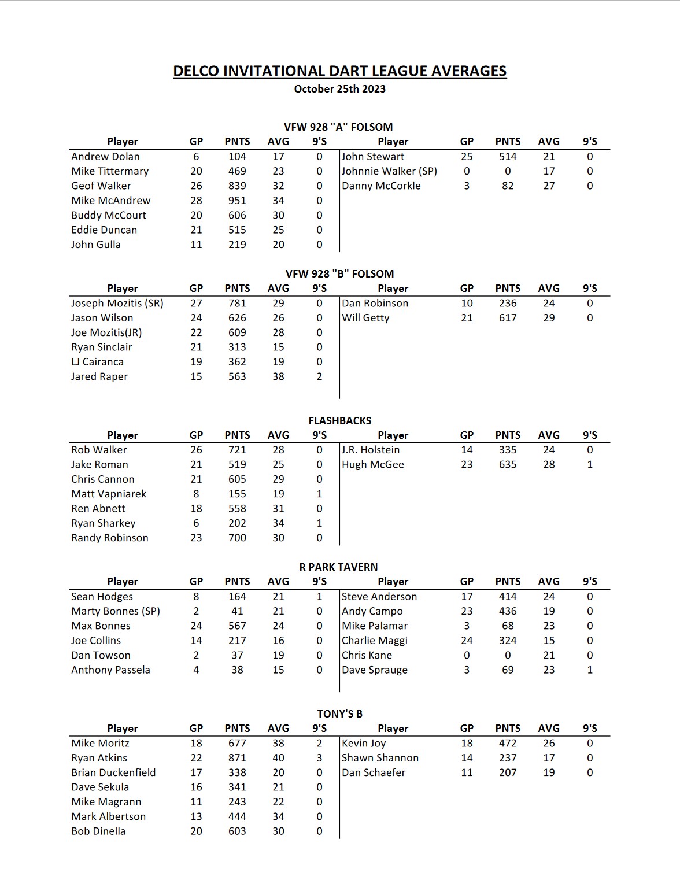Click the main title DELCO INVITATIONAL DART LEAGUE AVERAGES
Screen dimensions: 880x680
tap(339, 71)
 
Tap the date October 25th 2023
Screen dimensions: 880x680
tap(339, 89)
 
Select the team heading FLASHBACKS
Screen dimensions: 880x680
tap(339, 420)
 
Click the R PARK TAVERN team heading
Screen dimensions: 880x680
tap(338, 567)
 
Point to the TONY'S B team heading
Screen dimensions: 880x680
tap(339, 713)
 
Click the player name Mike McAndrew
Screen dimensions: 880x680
tap(110, 201)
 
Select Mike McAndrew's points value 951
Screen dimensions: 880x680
tap(237, 201)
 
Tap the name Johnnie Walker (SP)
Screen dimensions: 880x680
tap(389, 171)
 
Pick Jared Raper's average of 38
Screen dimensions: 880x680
tap(278, 376)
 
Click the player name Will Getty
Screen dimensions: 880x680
tap(365, 318)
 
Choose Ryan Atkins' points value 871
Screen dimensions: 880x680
tap(237, 758)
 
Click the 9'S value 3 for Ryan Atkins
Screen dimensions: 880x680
tap(319, 758)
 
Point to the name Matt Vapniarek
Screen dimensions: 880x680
tap(109, 494)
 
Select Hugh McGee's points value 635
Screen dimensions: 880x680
tap(507, 465)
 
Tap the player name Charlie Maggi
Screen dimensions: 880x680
tap(374, 641)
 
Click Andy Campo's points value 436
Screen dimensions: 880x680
tap(507, 611)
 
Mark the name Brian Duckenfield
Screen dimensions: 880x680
tap(113, 772)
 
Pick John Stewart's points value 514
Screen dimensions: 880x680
tap(507, 157)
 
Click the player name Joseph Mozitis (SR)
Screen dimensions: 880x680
tap(117, 303)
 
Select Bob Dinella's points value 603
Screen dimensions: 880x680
tap(237, 831)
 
